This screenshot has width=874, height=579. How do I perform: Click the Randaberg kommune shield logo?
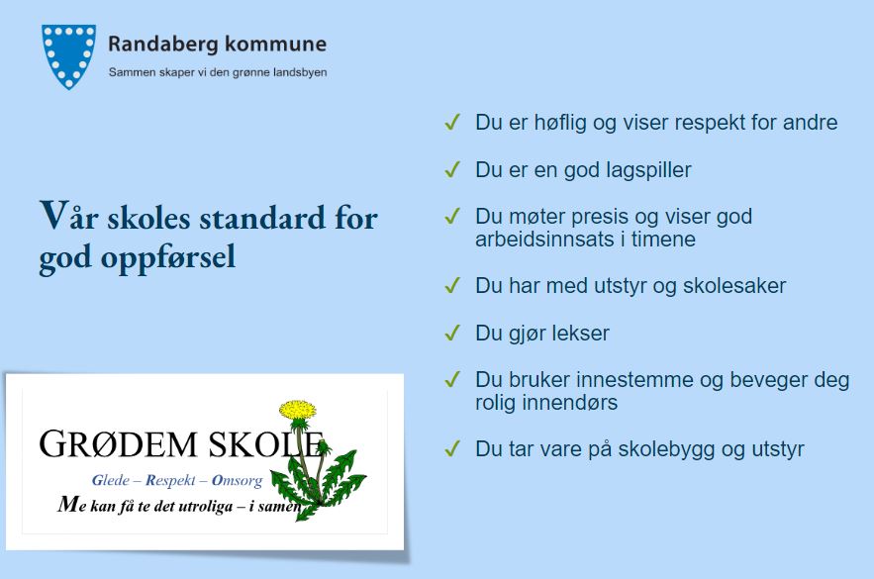click(x=68, y=56)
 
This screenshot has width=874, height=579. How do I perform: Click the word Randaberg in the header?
click(x=162, y=45)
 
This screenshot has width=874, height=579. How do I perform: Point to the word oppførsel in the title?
click(x=168, y=258)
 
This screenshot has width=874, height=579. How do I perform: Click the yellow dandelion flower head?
click(x=298, y=410)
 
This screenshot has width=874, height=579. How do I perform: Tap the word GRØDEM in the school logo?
click(x=118, y=444)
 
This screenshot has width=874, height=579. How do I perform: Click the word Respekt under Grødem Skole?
click(x=170, y=480)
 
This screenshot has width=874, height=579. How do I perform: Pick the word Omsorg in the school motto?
click(x=237, y=480)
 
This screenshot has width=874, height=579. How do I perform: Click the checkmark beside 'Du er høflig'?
click(x=452, y=122)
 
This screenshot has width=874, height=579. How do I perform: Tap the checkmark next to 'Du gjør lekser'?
click(x=452, y=333)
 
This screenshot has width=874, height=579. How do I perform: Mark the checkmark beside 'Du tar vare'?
click(x=452, y=448)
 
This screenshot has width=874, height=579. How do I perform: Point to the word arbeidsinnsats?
click(x=537, y=240)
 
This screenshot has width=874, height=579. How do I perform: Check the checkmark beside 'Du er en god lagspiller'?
click(x=452, y=169)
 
